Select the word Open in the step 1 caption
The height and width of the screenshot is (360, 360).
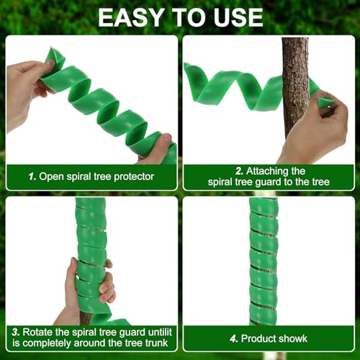52,176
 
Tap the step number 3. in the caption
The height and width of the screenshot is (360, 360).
14,333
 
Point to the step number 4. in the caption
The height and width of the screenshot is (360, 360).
233,338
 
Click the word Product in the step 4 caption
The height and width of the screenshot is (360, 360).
260,338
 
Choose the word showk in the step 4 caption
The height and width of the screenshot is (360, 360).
294,338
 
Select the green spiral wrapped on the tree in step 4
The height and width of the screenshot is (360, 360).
264,259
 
